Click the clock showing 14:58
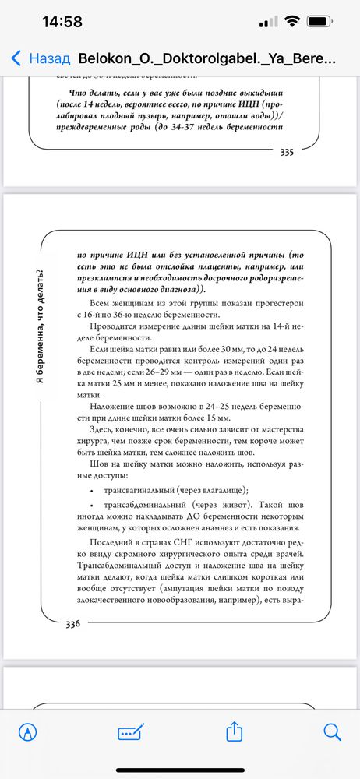click(x=62, y=22)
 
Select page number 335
click(x=286, y=153)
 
